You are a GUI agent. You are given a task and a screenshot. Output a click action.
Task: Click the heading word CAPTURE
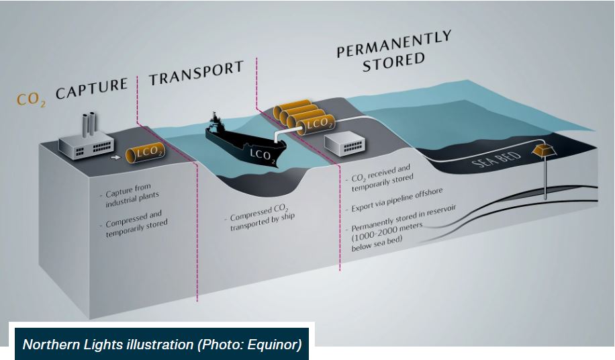[91, 88]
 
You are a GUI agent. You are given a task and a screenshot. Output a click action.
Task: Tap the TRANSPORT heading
[196, 73]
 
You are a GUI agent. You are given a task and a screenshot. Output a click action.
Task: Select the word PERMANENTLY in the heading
[393, 43]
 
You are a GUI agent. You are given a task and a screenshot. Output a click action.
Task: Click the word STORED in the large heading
[394, 62]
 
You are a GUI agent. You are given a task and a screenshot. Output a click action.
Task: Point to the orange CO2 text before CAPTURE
[31, 99]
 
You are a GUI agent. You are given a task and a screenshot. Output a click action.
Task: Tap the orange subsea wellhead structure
[545, 150]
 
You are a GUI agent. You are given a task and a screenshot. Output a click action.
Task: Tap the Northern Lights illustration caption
[161, 345]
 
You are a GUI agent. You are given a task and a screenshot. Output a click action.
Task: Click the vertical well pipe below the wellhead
[545, 179]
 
